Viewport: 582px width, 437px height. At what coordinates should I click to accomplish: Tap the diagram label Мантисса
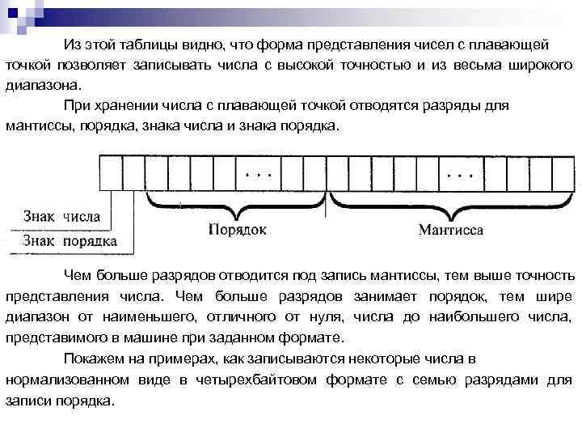tap(451, 230)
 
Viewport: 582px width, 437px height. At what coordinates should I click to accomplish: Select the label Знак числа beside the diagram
tap(62, 217)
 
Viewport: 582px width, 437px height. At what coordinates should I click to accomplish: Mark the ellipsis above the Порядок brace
tap(259, 174)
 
